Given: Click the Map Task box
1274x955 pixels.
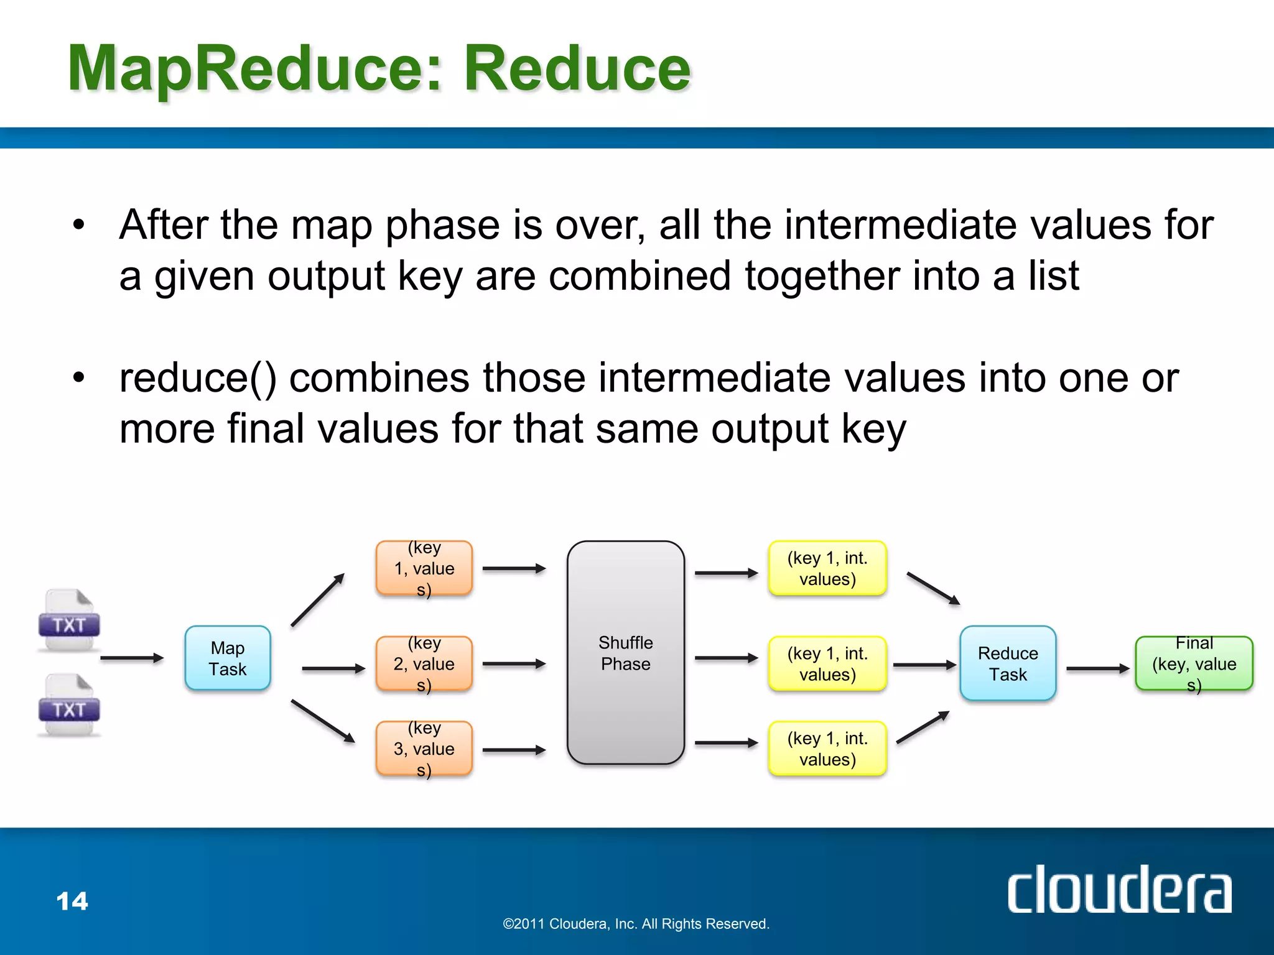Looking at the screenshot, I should pos(228,658).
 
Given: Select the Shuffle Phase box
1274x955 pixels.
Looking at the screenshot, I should pos(625,652).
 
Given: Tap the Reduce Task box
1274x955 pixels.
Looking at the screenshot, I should pos(1007,663).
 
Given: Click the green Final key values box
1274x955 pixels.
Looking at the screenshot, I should pos(1193,663).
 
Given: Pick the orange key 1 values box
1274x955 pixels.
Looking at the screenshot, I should pos(424,568).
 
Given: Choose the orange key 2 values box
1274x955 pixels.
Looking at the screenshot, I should pos(424,663).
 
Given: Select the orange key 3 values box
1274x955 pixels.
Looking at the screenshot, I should pos(424,749).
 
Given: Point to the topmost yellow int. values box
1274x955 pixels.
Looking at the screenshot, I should pos(827,568).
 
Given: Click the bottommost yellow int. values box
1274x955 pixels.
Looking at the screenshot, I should pos(827,749).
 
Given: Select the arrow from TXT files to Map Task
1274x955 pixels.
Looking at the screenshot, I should pos(131,658).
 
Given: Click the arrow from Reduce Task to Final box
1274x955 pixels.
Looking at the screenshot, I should pos(1097,669).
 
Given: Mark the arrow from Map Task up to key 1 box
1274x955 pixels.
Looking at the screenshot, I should pos(317,599).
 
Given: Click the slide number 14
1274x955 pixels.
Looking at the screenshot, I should pos(72,901).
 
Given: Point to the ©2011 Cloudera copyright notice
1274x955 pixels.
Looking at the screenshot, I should pos(636,924).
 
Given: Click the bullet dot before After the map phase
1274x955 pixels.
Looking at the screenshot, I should pos(78,225).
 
